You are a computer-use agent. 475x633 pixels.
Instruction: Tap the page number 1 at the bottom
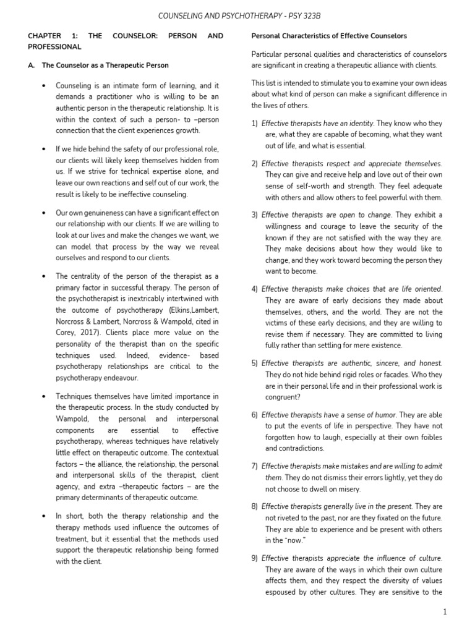pyautogui.click(x=444, y=611)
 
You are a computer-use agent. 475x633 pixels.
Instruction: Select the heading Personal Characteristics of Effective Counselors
pyautogui.click(x=328, y=36)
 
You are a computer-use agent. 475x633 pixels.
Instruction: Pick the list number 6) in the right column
pyautogui.click(x=255, y=414)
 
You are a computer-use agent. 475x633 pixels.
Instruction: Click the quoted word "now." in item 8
pyautogui.click(x=296, y=540)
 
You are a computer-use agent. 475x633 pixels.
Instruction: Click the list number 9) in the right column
pyautogui.click(x=255, y=558)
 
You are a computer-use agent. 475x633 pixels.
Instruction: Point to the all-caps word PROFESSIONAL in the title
pyautogui.click(x=54, y=46)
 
